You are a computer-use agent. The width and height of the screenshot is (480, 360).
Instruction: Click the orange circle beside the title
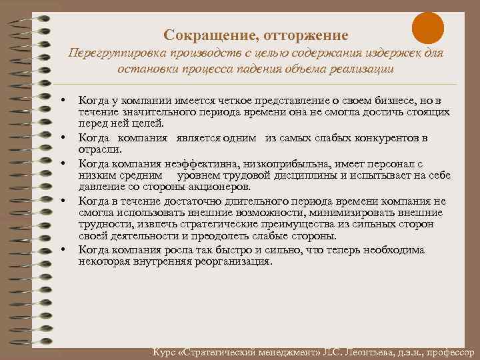click(427, 29)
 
